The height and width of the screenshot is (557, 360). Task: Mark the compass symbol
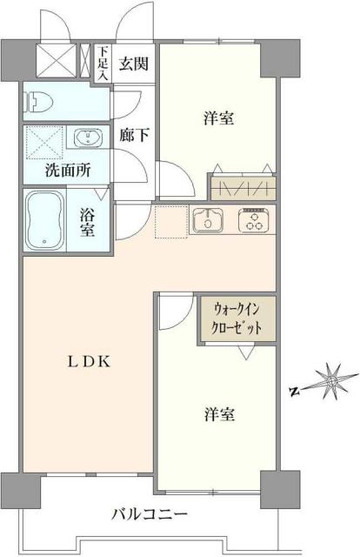click(330, 381)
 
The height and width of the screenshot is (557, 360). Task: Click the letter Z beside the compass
click(294, 393)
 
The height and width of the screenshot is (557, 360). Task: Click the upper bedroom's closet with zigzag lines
click(243, 185)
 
